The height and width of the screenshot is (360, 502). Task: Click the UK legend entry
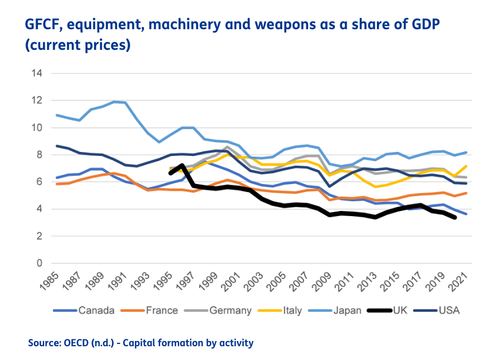point(401,310)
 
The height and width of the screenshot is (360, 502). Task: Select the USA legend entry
point(450,310)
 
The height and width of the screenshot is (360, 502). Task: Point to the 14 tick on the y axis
point(38,73)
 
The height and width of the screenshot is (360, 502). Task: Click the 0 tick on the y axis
point(40,263)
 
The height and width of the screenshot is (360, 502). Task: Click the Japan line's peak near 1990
point(114,101)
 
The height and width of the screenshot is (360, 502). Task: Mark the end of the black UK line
point(456,217)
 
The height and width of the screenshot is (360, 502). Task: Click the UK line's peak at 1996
point(182,166)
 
